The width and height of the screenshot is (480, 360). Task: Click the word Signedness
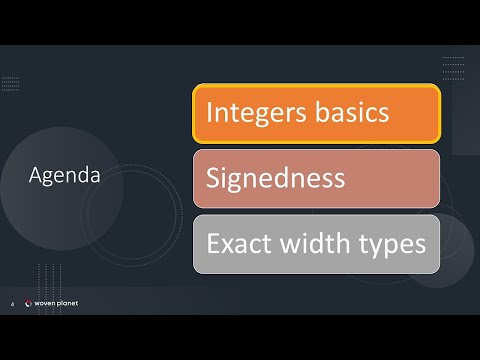tap(276, 179)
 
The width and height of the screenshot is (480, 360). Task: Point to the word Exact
tap(237, 243)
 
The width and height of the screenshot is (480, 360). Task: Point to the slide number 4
tap(11, 305)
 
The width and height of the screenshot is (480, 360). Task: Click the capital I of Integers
tap(209, 112)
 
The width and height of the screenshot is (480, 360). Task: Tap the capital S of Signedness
tap(214, 179)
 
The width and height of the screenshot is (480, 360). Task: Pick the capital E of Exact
tap(213, 243)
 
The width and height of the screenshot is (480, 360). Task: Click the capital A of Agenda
tap(35, 176)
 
